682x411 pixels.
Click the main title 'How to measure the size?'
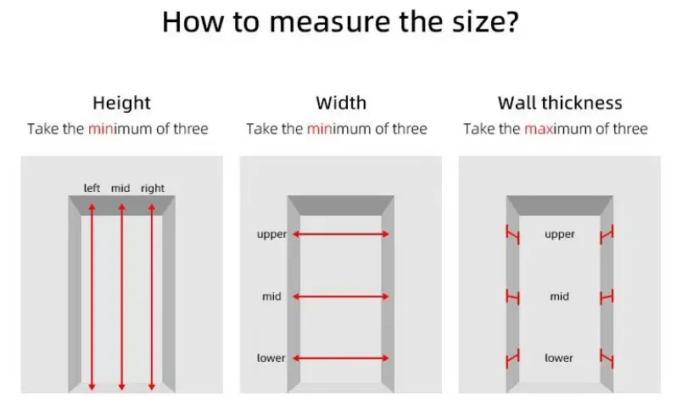[x=340, y=22]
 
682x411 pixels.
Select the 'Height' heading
[x=121, y=104]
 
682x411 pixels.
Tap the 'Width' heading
[x=341, y=104]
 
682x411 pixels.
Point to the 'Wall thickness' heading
[x=560, y=104]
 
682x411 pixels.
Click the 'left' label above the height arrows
[x=92, y=188]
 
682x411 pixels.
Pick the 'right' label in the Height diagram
[x=153, y=189]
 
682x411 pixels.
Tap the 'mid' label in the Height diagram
[x=120, y=188]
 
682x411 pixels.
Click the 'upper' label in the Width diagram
[x=271, y=234]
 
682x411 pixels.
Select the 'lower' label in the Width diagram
[x=271, y=358]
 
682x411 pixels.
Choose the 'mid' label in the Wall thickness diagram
[x=559, y=296]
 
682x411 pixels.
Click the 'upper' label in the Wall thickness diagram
[x=560, y=234]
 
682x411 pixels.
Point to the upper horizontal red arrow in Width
[x=341, y=234]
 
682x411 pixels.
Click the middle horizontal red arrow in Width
[x=341, y=296]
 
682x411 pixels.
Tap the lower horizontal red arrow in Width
[x=341, y=358]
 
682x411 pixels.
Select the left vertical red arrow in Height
[x=92, y=297]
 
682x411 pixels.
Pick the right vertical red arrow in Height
[x=151, y=297]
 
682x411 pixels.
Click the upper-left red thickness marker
[x=512, y=234]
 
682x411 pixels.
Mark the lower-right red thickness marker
[x=607, y=358]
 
